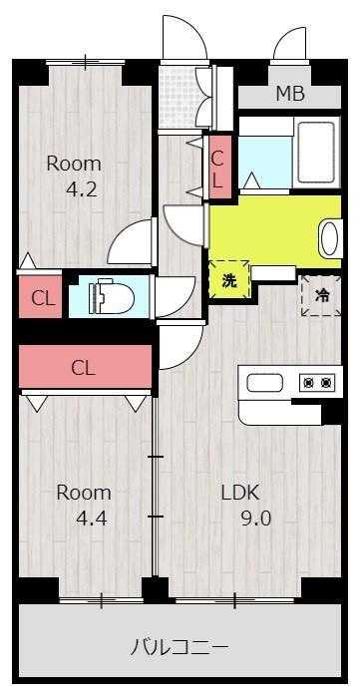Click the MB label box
coord(289,95)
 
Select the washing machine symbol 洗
coord(228,280)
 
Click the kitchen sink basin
coord(266,383)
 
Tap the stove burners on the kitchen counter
coord(317,383)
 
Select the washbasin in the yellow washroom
coord(328,238)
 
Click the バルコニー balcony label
coord(180,644)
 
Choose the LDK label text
coord(239,492)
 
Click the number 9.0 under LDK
coord(253,519)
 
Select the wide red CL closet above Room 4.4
coord(84,367)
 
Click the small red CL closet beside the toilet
coord(41,297)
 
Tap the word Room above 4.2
coord(76,163)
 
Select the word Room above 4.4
coord(83,492)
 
